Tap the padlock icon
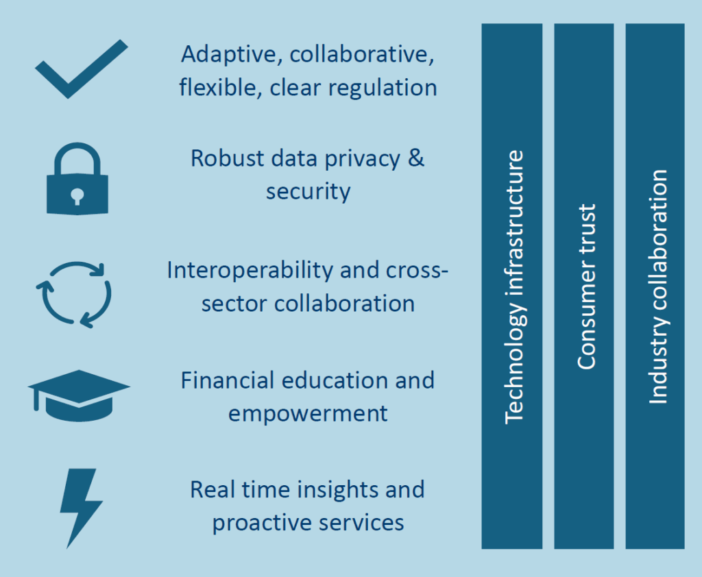(77, 180)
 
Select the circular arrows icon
(73, 293)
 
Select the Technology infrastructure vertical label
(513, 286)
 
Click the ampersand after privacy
(415, 158)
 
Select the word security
(308, 191)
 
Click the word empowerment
(308, 414)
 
